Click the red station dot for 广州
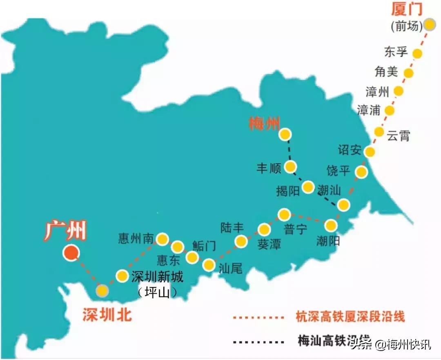tap(71, 253)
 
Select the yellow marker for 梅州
tap(285, 134)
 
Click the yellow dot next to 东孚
tap(417, 53)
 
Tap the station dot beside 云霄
tap(379, 131)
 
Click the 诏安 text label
tap(350, 150)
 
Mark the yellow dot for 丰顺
tap(290, 166)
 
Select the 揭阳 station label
tap(288, 191)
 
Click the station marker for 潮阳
tap(331, 225)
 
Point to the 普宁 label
tap(295, 229)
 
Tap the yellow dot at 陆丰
tap(241, 242)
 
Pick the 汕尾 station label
tap(230, 268)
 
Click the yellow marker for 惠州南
tap(163, 239)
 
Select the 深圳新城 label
tap(157, 277)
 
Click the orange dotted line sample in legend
tap(257, 316)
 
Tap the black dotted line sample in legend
tap(257, 341)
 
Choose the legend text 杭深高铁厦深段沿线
tap(350, 316)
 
